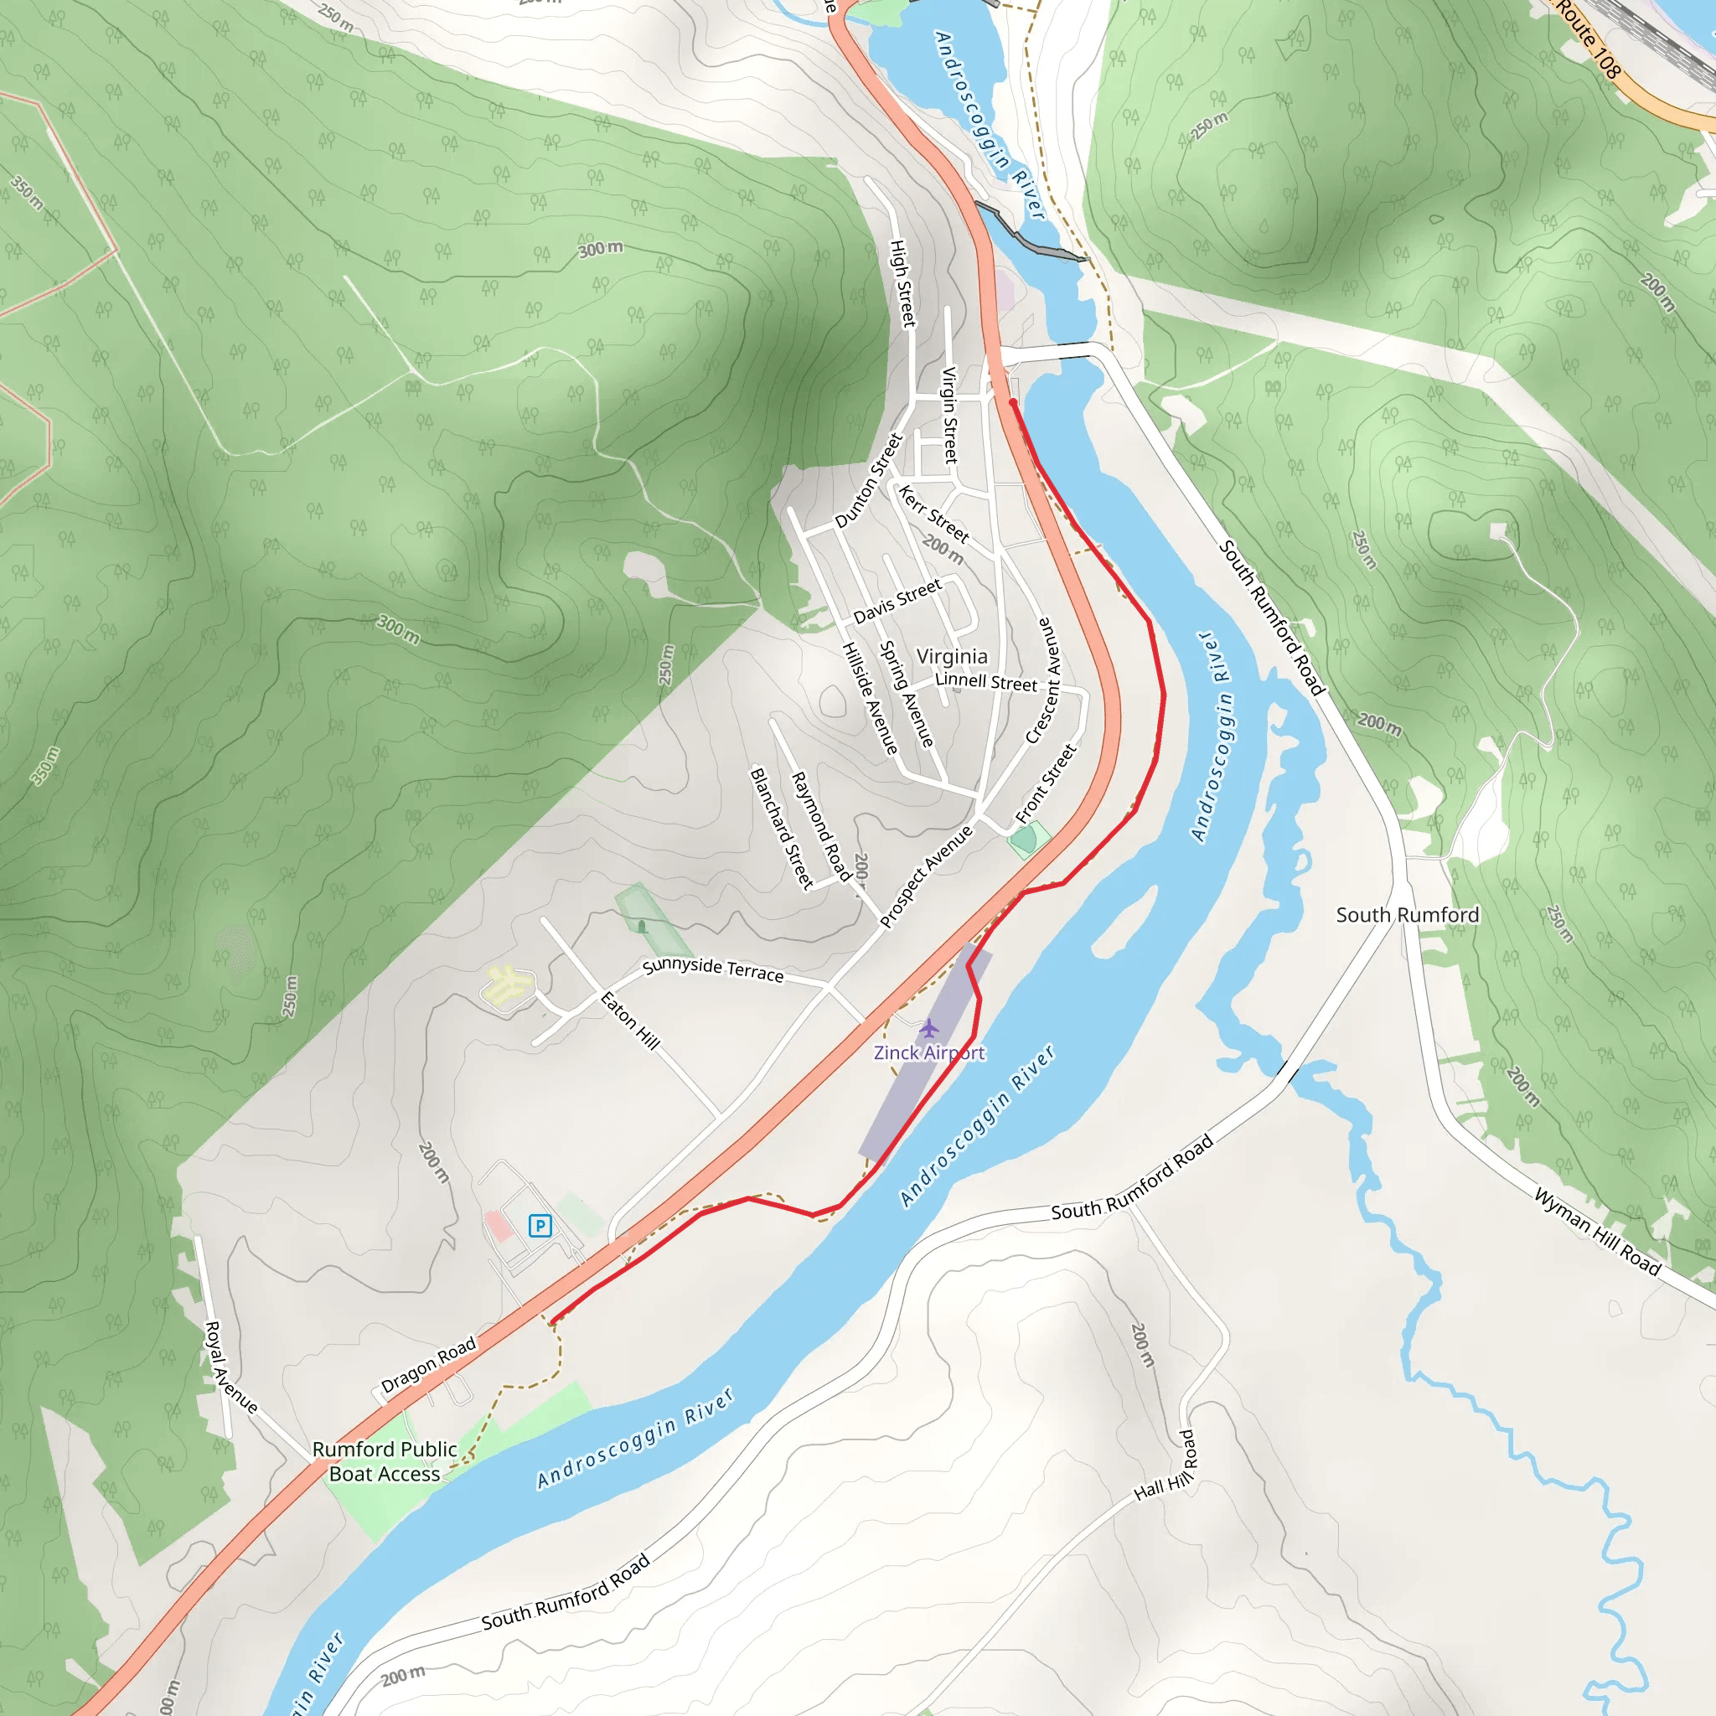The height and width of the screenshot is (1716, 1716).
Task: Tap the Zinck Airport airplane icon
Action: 929,1029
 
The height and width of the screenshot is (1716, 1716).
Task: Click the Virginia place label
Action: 951,656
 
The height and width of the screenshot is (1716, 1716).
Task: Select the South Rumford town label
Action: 1407,915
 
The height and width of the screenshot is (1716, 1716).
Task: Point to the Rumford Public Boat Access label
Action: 385,1461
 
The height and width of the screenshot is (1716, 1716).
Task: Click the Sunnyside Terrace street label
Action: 712,969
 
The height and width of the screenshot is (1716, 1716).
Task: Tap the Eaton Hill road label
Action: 631,1021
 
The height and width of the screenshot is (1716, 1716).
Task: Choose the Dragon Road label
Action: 429,1365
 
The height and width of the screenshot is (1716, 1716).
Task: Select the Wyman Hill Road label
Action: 1597,1233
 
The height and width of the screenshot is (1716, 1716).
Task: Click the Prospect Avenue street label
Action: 927,876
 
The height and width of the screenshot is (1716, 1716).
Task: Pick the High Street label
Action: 902,282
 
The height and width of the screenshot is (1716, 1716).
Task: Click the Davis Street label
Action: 897,602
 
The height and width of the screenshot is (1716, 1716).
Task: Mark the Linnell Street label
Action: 986,681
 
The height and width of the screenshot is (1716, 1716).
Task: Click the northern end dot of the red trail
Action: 1012,402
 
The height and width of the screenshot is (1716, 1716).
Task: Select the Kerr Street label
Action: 933,514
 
